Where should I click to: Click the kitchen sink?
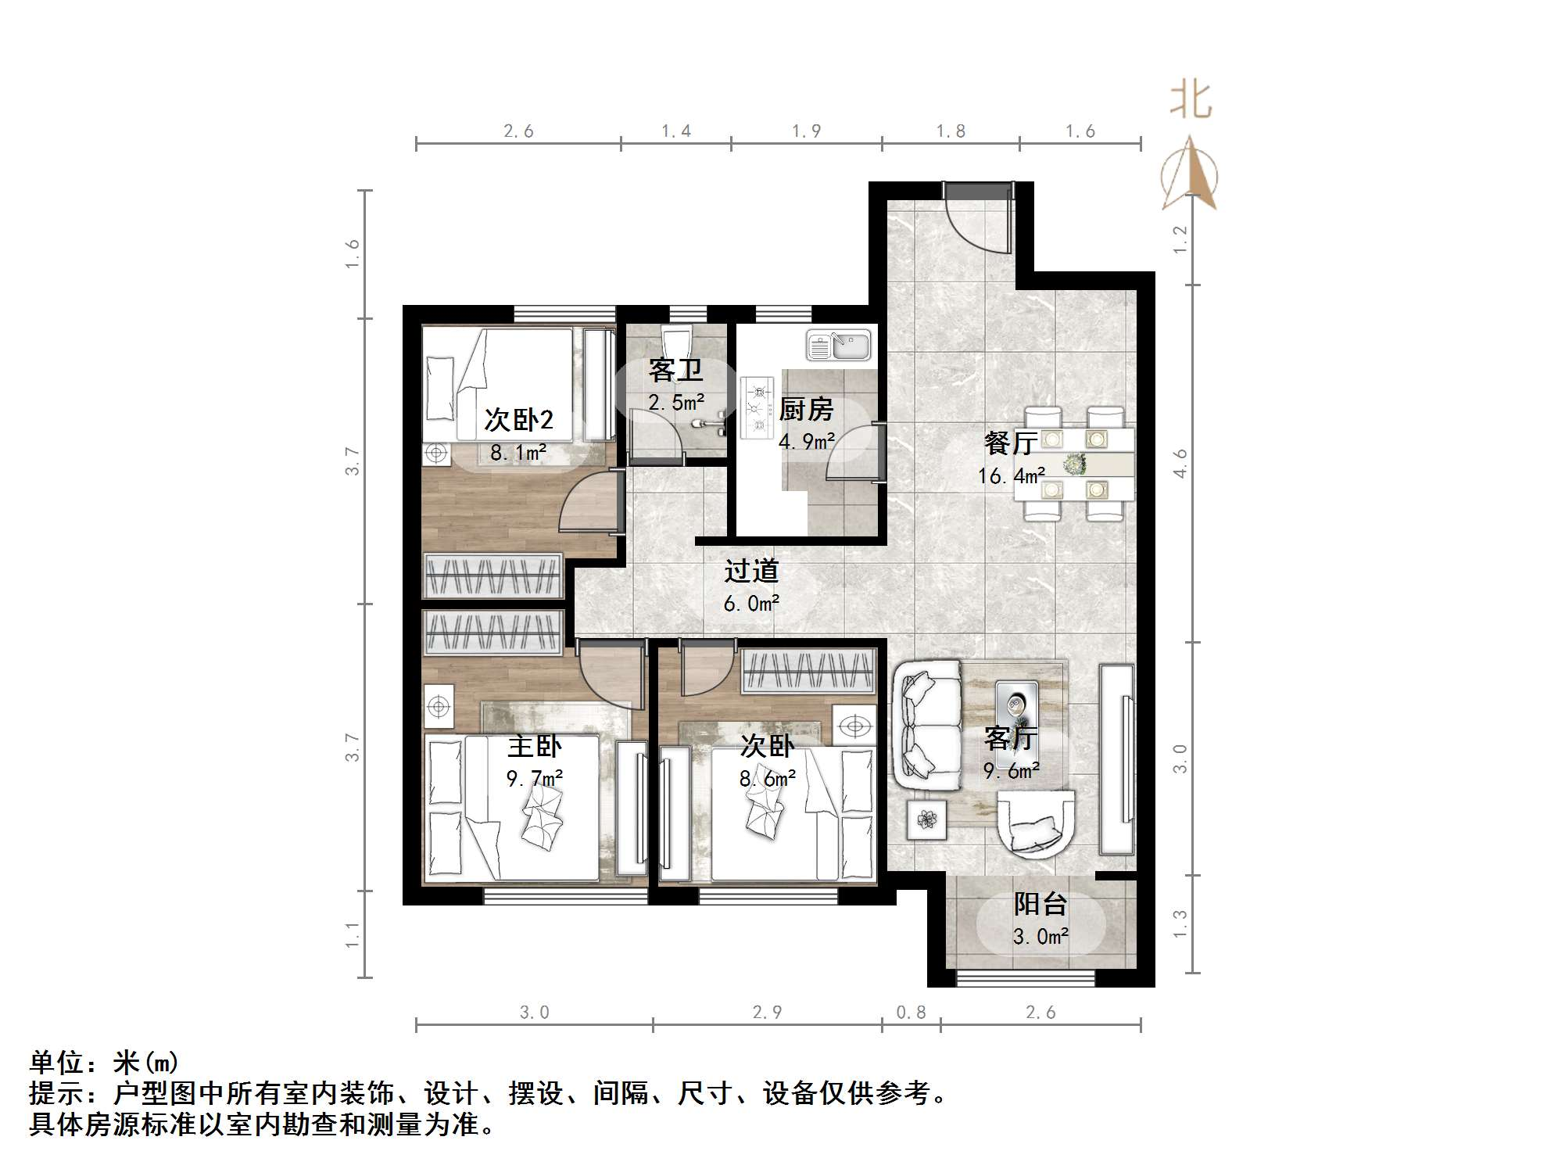839,346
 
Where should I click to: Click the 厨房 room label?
806,409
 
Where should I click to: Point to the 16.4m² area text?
1011,475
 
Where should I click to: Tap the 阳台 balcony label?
1040,904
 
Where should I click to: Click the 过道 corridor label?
751,571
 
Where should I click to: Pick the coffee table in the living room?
1016,708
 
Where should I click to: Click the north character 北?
1190,102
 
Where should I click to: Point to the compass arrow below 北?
1190,176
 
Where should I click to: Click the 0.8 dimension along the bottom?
911,1013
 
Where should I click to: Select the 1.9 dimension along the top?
806,131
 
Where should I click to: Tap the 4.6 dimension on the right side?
1180,463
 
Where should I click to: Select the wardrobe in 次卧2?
492,576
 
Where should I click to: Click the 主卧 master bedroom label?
535,746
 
